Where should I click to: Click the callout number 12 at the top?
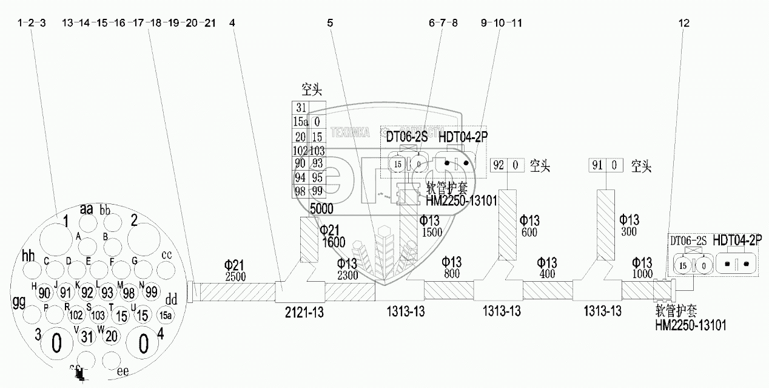point(684,23)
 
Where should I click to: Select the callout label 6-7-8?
point(443,23)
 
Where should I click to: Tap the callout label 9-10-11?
point(501,23)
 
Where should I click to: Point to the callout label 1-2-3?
point(32,23)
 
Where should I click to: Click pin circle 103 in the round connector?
point(98,315)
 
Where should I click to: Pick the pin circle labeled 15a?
point(164,315)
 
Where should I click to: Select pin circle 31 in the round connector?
point(87,335)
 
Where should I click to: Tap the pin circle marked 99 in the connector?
point(152,292)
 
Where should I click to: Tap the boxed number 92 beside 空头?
point(499,165)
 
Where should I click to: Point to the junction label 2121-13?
point(303,312)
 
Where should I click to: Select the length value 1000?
point(642,274)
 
